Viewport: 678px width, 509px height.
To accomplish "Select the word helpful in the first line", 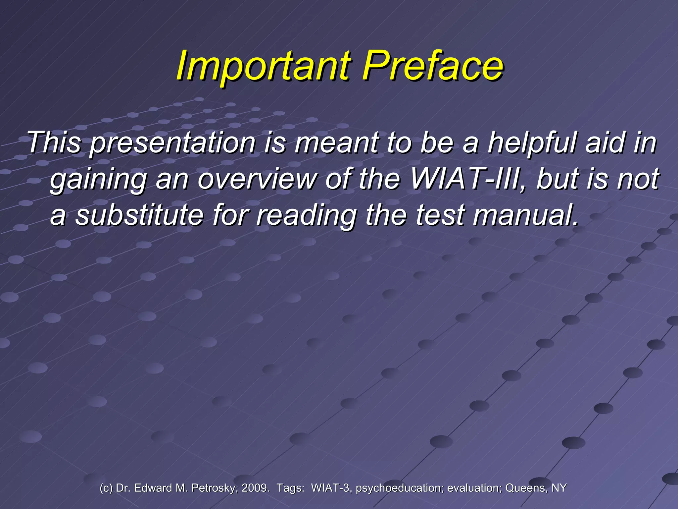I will point(533,143).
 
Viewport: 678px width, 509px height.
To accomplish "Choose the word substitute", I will point(139,215).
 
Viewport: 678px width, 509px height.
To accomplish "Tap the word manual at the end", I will point(526,215).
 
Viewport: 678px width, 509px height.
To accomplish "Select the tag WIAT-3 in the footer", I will point(331,488).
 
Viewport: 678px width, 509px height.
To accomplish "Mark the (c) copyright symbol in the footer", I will point(106,488).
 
